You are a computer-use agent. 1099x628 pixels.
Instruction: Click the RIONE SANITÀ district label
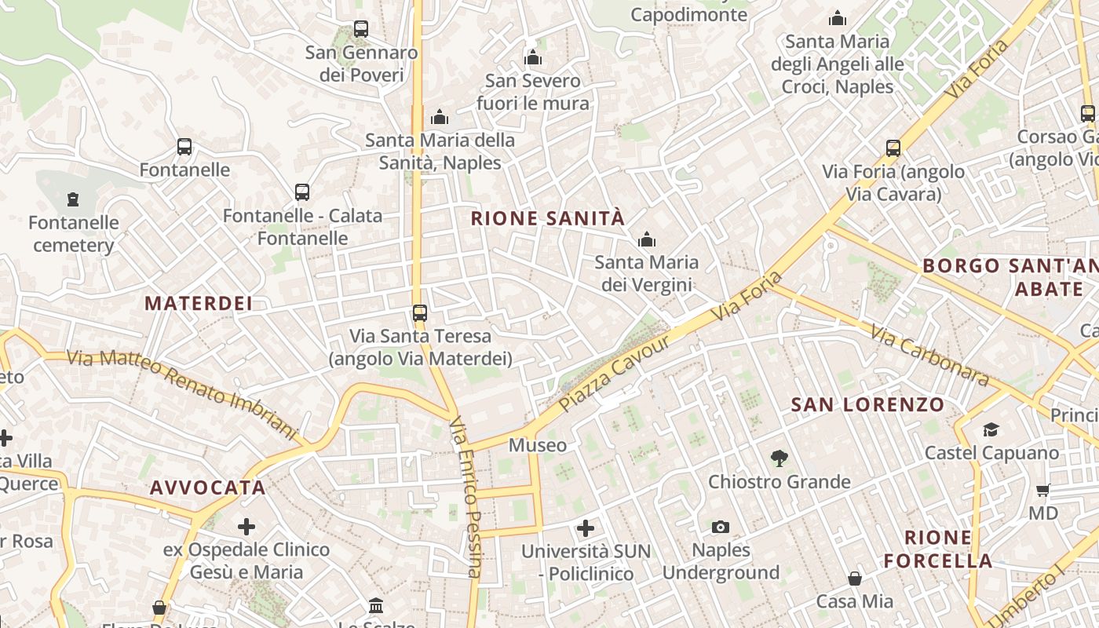[547, 218]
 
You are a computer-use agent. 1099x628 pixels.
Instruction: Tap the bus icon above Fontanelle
[184, 147]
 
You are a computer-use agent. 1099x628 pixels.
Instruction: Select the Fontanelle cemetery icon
[73, 199]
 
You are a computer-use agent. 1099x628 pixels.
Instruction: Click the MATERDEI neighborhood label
[199, 303]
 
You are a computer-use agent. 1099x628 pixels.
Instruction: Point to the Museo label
[538, 445]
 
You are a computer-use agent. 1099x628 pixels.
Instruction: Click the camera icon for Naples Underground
[720, 527]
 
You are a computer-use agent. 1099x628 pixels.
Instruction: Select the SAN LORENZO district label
[867, 405]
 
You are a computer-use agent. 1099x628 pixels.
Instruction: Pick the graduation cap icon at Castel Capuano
[991, 429]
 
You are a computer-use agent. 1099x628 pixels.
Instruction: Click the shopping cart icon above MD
[1042, 491]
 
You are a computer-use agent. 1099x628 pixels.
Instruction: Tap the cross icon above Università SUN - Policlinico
[586, 528]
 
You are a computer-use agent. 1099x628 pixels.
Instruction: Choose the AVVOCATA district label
[208, 487]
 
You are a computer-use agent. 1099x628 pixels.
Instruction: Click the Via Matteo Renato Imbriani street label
[183, 394]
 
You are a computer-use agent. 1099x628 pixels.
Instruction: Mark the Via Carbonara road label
[929, 356]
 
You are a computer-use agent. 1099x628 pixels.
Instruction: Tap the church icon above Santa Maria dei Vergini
[647, 239]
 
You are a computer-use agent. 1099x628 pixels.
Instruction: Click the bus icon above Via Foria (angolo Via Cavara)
[893, 148]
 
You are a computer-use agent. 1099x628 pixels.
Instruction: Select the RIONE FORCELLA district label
[938, 549]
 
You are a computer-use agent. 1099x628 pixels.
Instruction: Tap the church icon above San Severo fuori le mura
[533, 57]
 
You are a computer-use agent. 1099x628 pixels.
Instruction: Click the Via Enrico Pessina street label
[463, 498]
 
